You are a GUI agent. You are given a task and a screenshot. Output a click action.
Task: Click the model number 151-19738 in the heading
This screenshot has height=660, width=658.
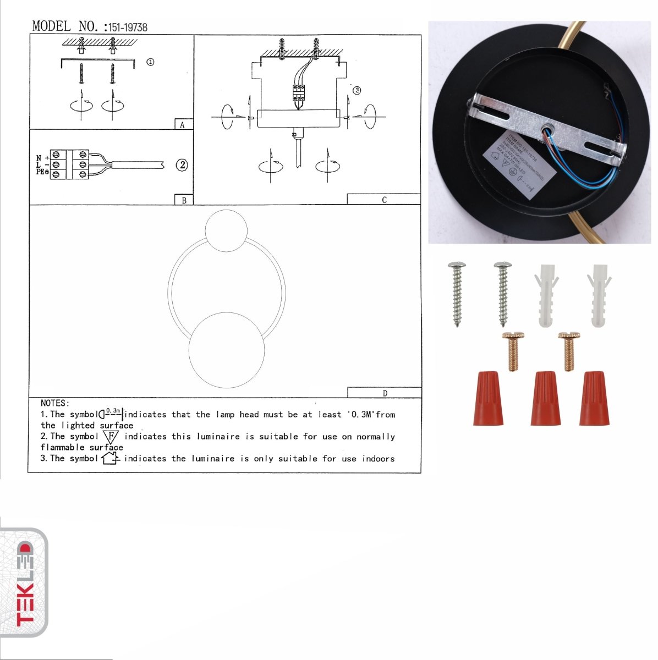pyautogui.click(x=127, y=27)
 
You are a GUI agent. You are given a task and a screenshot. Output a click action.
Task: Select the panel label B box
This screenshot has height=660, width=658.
pyautogui.click(x=184, y=200)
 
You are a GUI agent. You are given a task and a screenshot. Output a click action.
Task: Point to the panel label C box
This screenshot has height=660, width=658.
pyautogui.click(x=383, y=200)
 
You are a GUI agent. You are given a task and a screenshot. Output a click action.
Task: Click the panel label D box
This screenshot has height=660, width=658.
pyautogui.click(x=384, y=393)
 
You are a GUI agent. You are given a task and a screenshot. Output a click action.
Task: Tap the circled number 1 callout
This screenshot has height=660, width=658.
pyautogui.click(x=150, y=62)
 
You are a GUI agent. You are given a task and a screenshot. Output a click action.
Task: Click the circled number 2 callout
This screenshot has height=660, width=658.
pyautogui.click(x=182, y=164)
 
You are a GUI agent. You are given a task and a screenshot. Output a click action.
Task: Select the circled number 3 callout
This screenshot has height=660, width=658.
pyautogui.click(x=357, y=90)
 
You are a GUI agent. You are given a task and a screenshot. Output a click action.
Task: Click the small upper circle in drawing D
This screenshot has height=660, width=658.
pyautogui.click(x=226, y=232)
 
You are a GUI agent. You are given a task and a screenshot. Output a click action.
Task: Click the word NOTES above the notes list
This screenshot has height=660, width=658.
pyautogui.click(x=55, y=403)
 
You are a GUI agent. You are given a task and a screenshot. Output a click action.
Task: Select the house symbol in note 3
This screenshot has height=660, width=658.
pyautogui.click(x=110, y=458)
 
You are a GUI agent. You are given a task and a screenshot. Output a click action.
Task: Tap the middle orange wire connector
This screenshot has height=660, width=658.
pyautogui.click(x=545, y=398)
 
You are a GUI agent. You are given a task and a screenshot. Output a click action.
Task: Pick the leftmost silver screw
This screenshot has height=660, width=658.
pyautogui.click(x=457, y=294)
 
